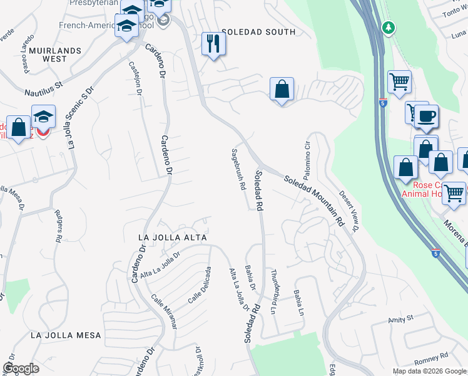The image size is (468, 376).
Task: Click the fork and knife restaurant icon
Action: click(213, 44)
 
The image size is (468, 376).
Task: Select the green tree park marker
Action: click(389, 28)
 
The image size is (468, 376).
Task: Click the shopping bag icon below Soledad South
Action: click(282, 89)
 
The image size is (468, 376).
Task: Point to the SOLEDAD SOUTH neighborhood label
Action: click(258, 32)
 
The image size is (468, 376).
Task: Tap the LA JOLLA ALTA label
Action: click(172, 238)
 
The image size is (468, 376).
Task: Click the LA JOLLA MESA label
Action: click(66, 335)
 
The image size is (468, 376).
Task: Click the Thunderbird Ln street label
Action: click(273, 291)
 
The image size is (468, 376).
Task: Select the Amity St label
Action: click(402, 319)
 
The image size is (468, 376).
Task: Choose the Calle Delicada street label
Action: click(199, 285)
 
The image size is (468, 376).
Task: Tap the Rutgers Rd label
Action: click(58, 226)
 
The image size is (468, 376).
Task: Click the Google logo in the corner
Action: click(21, 368)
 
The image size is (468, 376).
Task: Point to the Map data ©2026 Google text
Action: click(429, 371)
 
